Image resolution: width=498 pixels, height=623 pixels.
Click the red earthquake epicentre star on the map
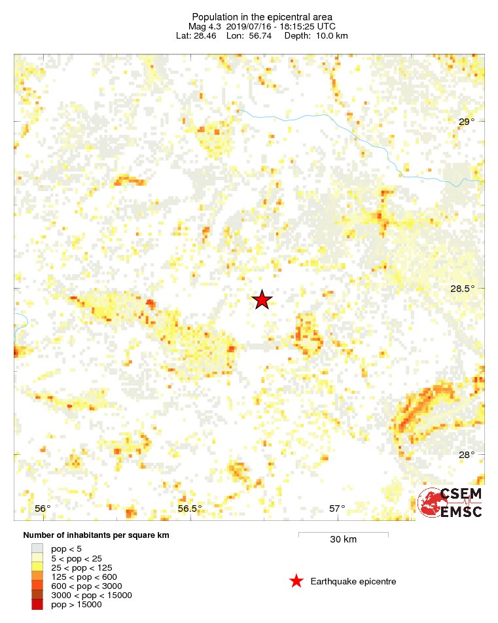click(262, 300)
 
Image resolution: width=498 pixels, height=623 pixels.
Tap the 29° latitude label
click(466, 122)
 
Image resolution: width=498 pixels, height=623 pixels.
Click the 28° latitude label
click(466, 455)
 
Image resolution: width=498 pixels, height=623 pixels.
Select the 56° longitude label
click(43, 508)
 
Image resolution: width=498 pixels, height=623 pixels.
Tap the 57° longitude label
click(337, 508)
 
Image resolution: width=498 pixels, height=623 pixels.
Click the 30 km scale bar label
click(343, 540)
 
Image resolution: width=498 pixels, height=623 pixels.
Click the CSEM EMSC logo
click(450, 503)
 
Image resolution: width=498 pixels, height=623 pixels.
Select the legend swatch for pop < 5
click(37, 549)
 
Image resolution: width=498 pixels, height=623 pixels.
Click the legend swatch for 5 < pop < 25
click(37, 558)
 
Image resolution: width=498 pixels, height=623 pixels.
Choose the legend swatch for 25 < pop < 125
click(37, 567)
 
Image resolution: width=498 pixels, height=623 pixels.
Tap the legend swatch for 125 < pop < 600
click(37, 577)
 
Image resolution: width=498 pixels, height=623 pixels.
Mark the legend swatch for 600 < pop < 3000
click(37, 586)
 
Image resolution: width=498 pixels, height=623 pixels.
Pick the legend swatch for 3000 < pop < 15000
click(37, 596)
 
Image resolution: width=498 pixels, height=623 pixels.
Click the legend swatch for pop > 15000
click(37, 605)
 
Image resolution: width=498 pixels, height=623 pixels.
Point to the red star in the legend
click(296, 581)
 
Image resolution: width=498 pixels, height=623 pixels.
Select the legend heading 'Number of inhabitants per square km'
click(96, 535)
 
